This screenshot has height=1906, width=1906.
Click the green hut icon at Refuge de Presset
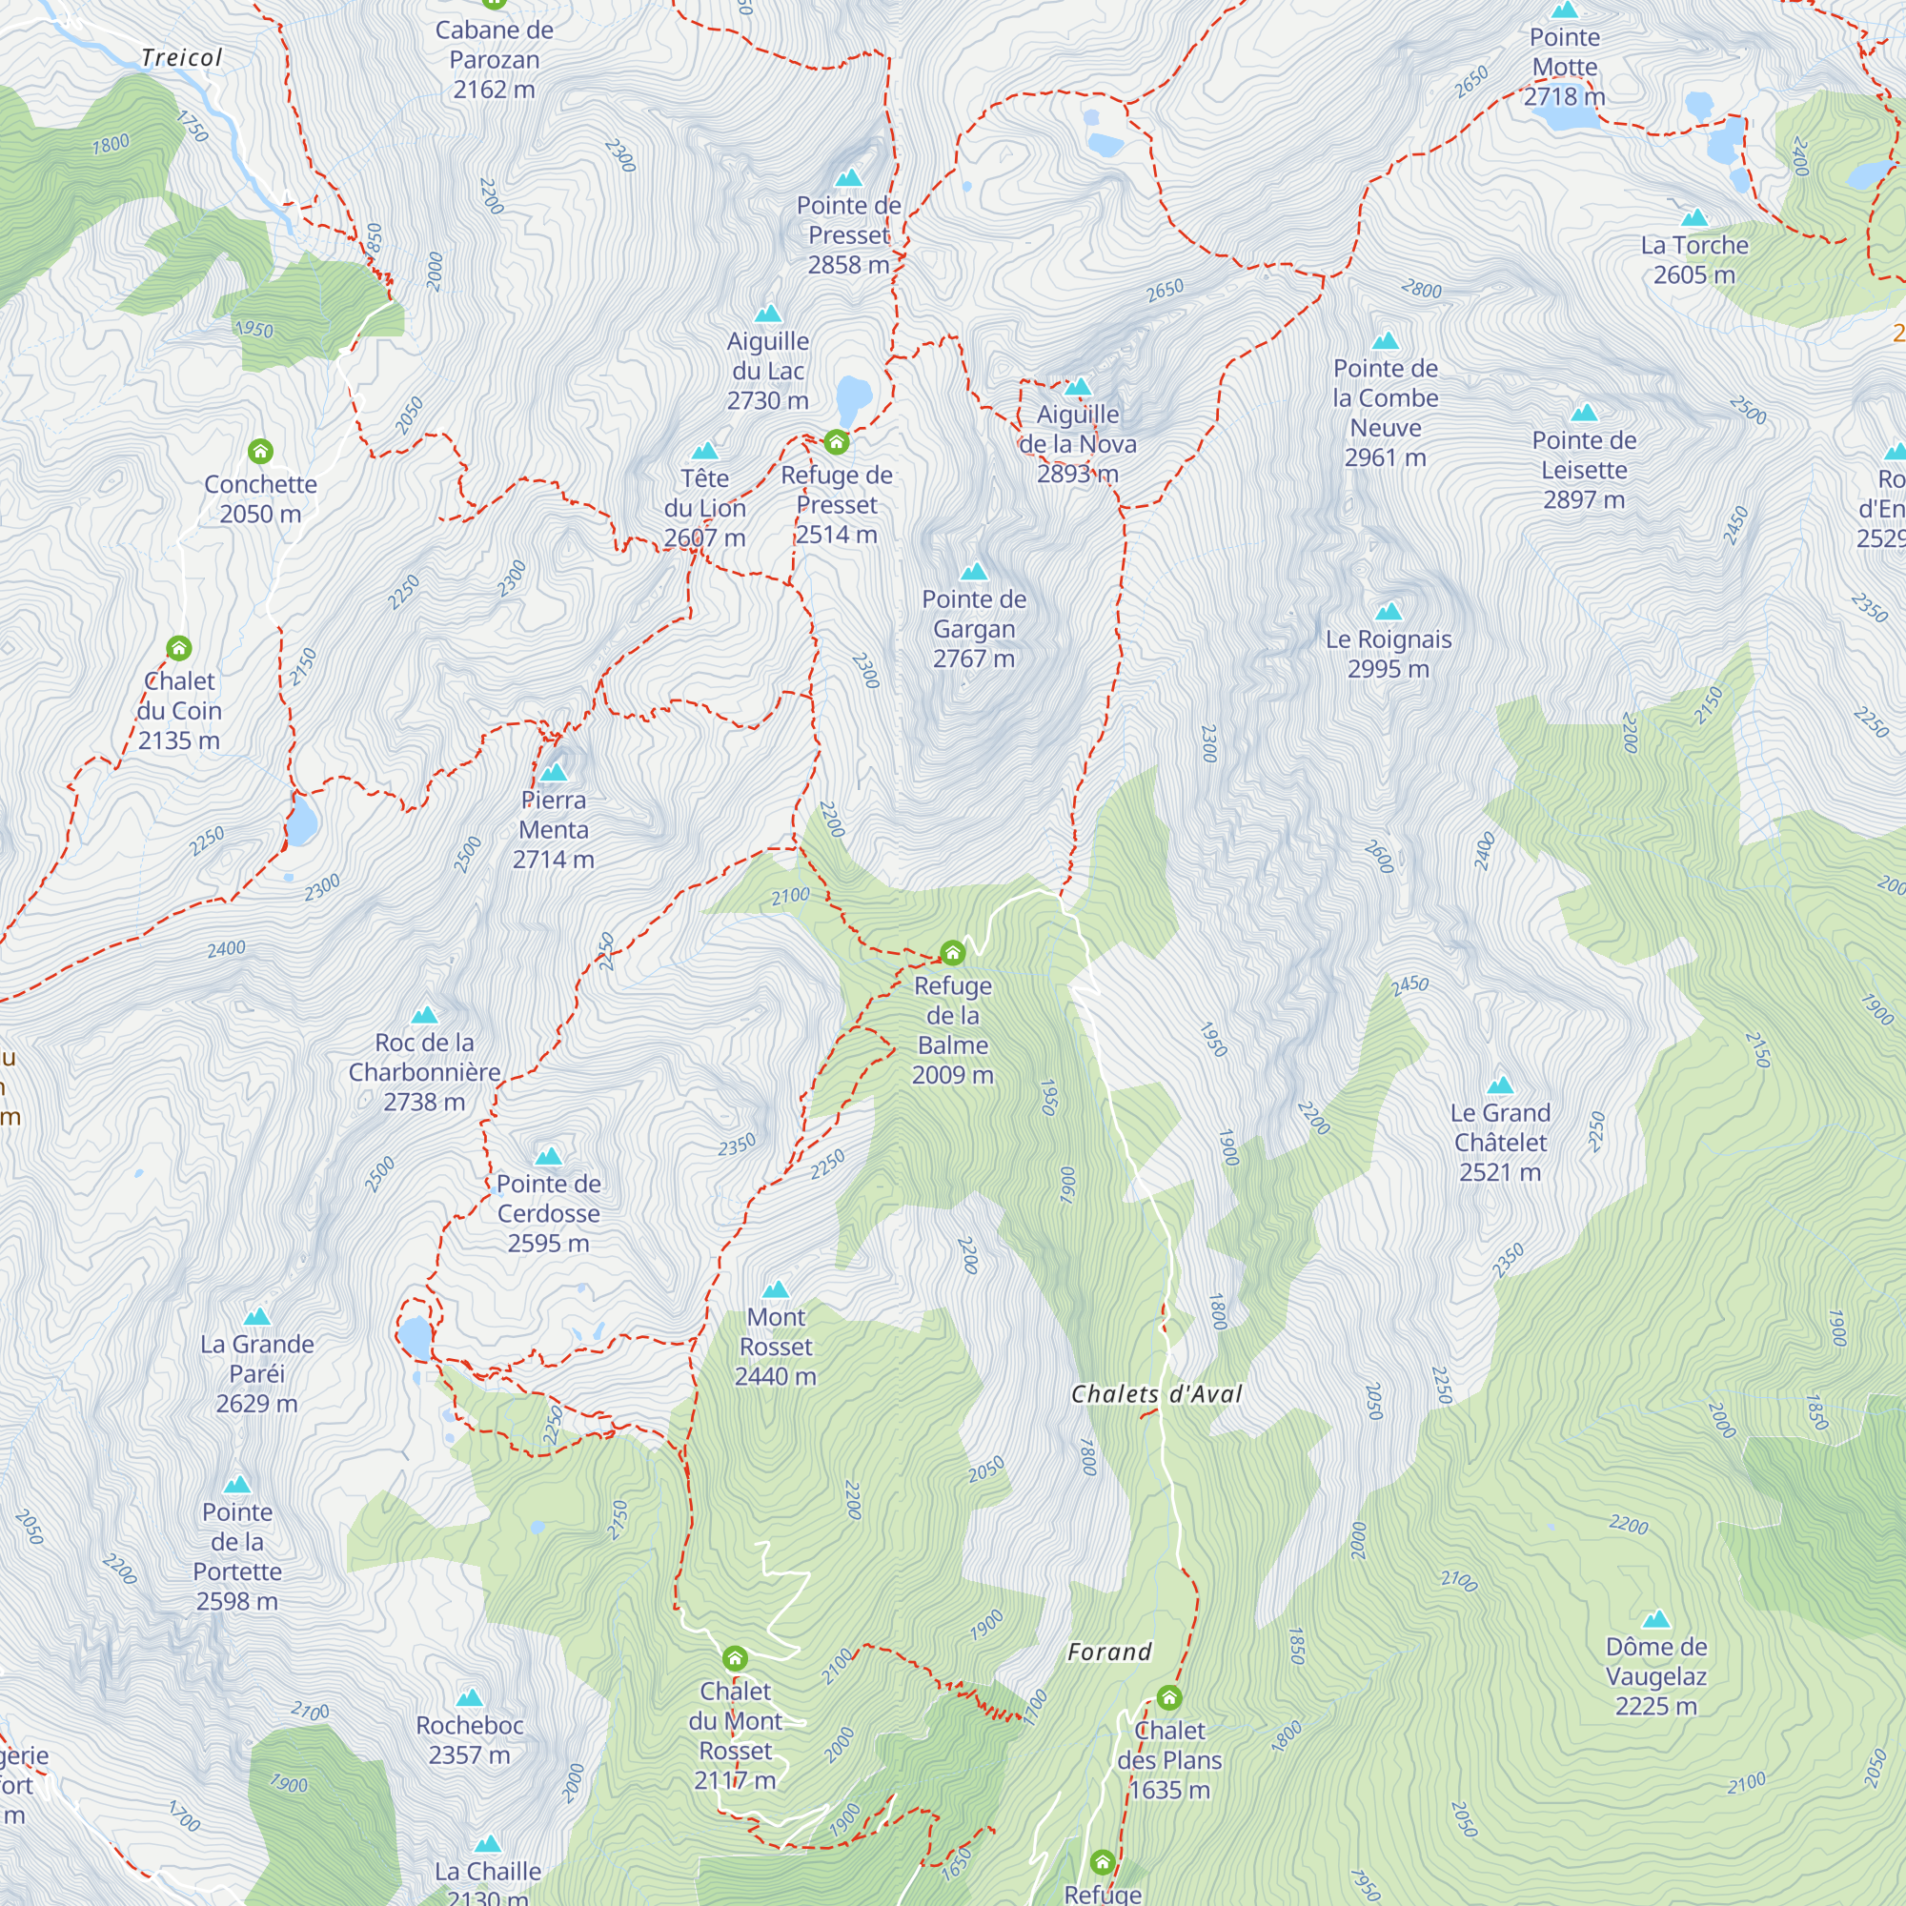click(x=837, y=441)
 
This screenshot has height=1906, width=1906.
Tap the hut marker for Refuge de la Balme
click(x=952, y=952)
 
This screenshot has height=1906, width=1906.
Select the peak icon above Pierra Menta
click(x=554, y=772)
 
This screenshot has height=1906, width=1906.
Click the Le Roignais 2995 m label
click(x=1389, y=653)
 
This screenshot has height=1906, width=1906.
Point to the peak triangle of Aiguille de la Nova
click(x=1078, y=387)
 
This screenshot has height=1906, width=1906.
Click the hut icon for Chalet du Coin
click(x=178, y=647)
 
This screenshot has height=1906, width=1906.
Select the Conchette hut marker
click(x=260, y=451)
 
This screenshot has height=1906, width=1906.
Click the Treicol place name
click(x=181, y=57)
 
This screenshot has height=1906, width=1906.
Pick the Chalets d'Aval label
click(x=1156, y=1394)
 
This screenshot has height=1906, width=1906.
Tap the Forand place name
click(x=1110, y=1652)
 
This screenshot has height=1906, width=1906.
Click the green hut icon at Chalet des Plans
click(x=1169, y=1697)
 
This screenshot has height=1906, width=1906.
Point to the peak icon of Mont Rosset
click(x=777, y=1289)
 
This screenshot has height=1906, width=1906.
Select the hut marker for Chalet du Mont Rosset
click(x=735, y=1657)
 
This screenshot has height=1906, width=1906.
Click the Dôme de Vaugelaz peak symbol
click(x=1656, y=1619)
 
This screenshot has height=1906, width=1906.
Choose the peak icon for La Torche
click(x=1693, y=217)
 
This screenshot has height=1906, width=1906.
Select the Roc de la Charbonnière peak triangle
click(x=424, y=1014)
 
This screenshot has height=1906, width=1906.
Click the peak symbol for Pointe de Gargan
click(x=974, y=571)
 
